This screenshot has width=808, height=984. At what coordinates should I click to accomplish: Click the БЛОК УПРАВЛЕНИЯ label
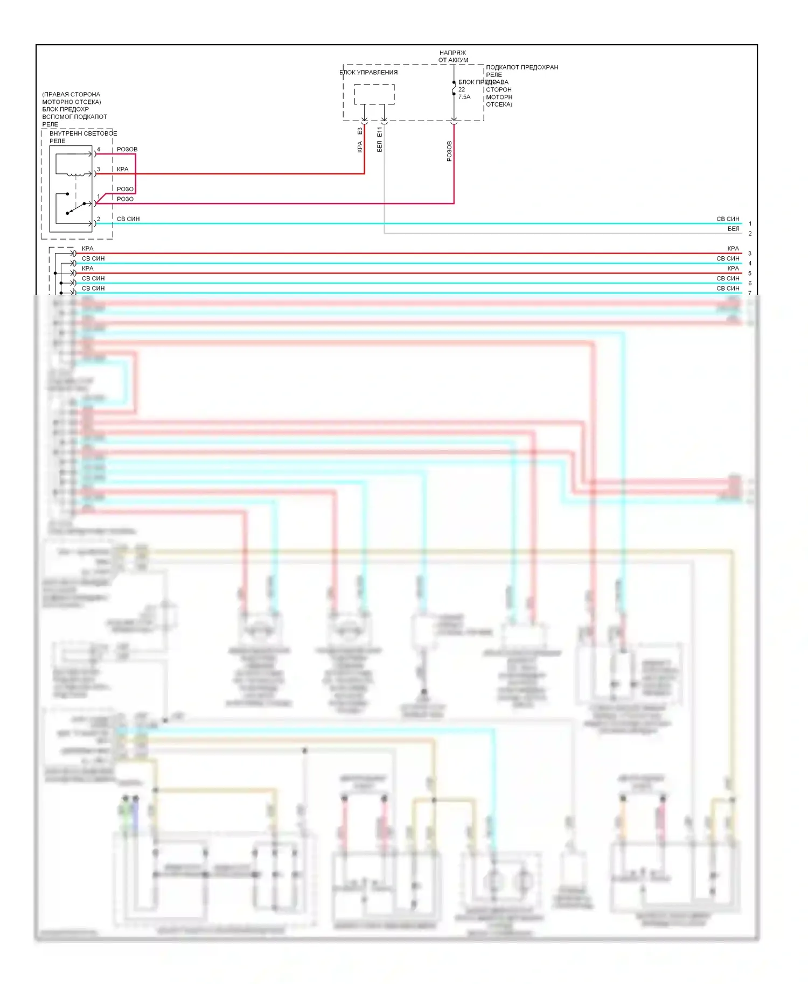(x=368, y=72)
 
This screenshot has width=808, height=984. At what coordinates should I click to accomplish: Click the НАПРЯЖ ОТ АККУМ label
(x=453, y=57)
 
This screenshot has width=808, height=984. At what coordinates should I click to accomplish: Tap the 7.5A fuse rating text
(x=464, y=97)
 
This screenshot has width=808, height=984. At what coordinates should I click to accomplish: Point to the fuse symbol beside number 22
(x=454, y=89)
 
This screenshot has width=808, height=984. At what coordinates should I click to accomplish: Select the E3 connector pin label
(x=360, y=131)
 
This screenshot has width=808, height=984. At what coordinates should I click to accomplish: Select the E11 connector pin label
(x=380, y=131)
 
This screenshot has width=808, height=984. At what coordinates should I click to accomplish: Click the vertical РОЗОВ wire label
(x=449, y=151)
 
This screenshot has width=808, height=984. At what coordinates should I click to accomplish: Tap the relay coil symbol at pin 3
(x=75, y=174)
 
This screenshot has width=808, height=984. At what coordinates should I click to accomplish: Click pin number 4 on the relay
(x=99, y=150)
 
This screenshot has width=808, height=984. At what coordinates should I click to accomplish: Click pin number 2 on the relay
(x=99, y=219)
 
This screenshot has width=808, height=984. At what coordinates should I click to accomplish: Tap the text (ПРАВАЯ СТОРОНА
(x=71, y=94)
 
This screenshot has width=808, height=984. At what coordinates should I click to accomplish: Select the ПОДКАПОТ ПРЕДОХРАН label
(x=522, y=67)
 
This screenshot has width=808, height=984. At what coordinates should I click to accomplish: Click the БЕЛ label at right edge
(x=734, y=229)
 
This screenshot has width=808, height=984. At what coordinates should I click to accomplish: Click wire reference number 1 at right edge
(x=750, y=224)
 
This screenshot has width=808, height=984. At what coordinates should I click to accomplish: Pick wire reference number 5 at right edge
(x=750, y=273)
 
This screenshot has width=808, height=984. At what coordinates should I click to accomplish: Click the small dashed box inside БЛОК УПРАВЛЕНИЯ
(x=374, y=94)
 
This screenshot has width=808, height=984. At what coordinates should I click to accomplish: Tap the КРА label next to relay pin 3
(x=123, y=169)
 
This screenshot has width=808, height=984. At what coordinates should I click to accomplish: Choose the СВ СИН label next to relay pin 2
(x=128, y=219)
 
